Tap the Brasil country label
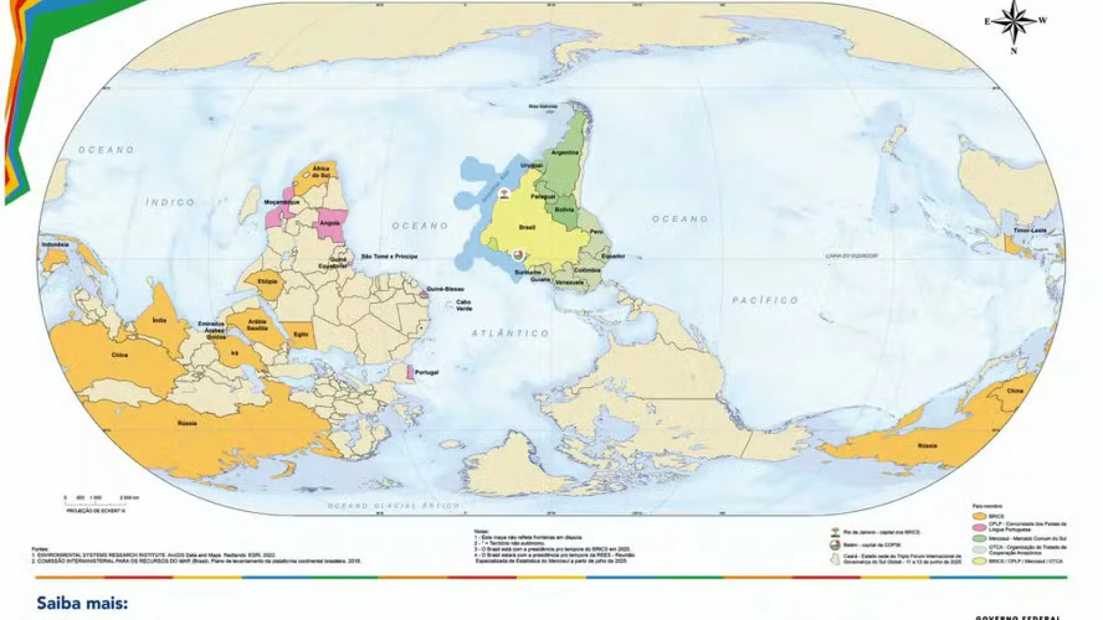point(527,228)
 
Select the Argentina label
point(565,153)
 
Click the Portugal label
point(426,373)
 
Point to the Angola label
point(330,223)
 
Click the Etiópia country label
point(267,282)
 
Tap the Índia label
point(159,320)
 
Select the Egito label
point(300,334)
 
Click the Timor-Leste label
point(1030,230)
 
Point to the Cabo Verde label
point(464,305)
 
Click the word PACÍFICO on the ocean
point(765,300)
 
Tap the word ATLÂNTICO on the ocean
point(510,333)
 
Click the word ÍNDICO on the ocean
point(170,202)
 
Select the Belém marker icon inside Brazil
point(518,254)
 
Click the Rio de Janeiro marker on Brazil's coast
point(504,193)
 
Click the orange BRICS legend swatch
point(979,517)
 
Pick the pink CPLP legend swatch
point(979,527)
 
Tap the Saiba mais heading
point(82,603)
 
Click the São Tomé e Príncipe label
point(389,257)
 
